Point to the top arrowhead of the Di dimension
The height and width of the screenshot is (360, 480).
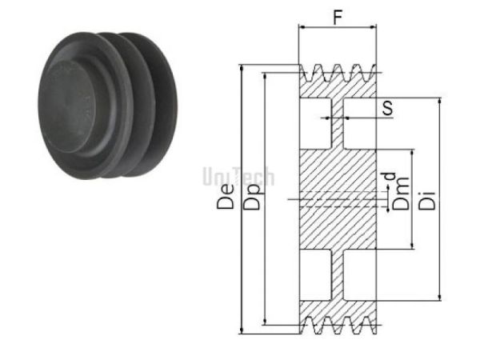pos(439,102)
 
